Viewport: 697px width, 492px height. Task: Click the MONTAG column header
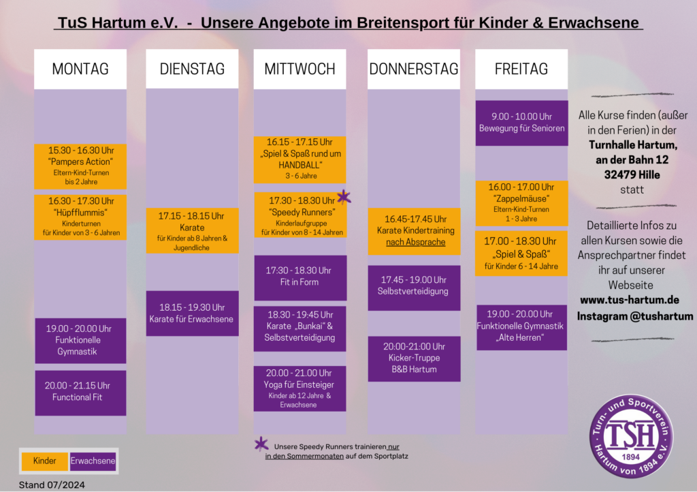(x=80, y=69)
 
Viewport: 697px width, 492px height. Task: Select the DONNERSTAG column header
(x=414, y=69)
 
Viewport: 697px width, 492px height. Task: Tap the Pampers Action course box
(x=80, y=166)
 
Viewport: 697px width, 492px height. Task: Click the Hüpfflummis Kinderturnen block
(x=80, y=217)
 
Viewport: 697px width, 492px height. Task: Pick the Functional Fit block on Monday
(x=80, y=393)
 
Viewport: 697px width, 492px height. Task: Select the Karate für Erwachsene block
(x=192, y=313)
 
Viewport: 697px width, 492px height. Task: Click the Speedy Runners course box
(x=300, y=215)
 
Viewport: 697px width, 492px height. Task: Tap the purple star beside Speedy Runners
(x=344, y=198)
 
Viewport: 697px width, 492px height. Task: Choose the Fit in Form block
(x=300, y=277)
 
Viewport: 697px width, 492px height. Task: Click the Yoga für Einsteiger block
(x=300, y=388)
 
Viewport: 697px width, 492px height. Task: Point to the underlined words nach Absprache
(x=415, y=242)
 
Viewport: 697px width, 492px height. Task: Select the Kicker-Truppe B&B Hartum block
(x=414, y=358)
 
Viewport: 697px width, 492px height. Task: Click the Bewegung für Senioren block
(x=521, y=123)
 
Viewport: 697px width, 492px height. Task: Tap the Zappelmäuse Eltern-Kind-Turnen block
(x=521, y=203)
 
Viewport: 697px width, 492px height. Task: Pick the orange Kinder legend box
(x=45, y=461)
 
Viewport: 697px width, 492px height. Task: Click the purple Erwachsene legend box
(x=93, y=461)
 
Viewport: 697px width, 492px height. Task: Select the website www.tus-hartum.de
(x=629, y=300)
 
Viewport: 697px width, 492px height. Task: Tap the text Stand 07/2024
(x=52, y=485)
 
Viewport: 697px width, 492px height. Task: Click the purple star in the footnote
(x=261, y=444)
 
